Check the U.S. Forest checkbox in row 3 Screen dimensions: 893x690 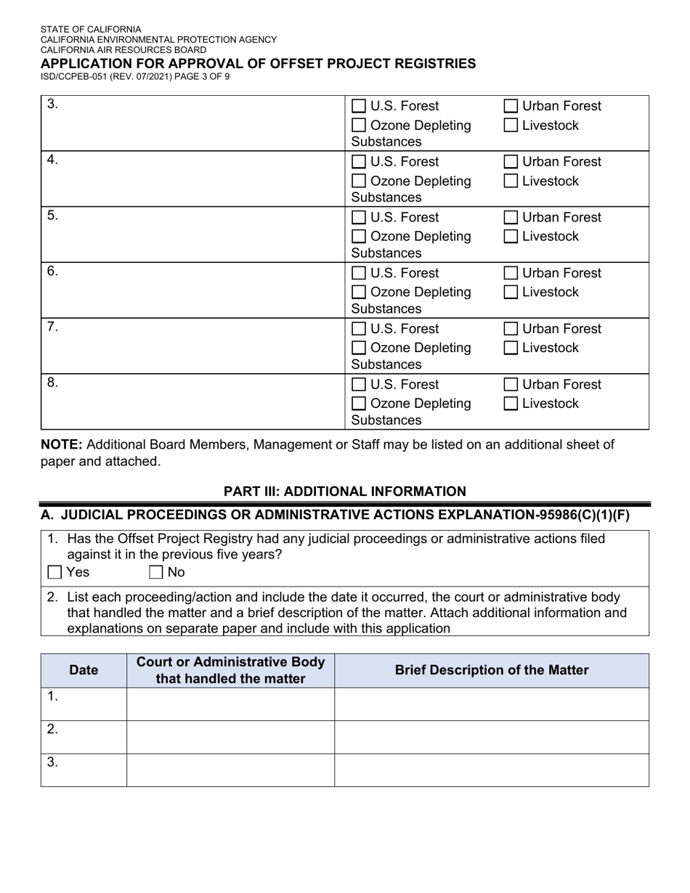[x=359, y=106]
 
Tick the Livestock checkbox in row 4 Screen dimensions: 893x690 [x=511, y=181]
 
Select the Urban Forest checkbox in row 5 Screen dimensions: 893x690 [x=511, y=217]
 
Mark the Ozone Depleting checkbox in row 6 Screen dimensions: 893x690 [x=359, y=292]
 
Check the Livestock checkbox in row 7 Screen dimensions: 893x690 [x=511, y=348]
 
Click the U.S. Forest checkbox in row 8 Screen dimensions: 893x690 [x=359, y=384]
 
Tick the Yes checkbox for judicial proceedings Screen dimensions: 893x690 [x=54, y=572]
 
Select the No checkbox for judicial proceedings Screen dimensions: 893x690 [x=156, y=572]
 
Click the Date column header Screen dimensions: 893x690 [x=84, y=670]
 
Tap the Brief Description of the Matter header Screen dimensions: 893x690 [x=492, y=670]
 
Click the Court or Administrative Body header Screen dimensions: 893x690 [x=230, y=670]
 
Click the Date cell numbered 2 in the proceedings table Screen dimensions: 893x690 [x=84, y=736]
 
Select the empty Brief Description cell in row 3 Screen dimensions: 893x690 [x=492, y=770]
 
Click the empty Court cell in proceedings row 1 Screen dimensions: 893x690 [x=230, y=704]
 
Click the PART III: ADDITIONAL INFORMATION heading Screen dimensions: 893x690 [x=344, y=492]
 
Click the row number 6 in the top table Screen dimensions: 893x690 [x=52, y=272]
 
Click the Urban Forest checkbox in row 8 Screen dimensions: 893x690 [x=511, y=384]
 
